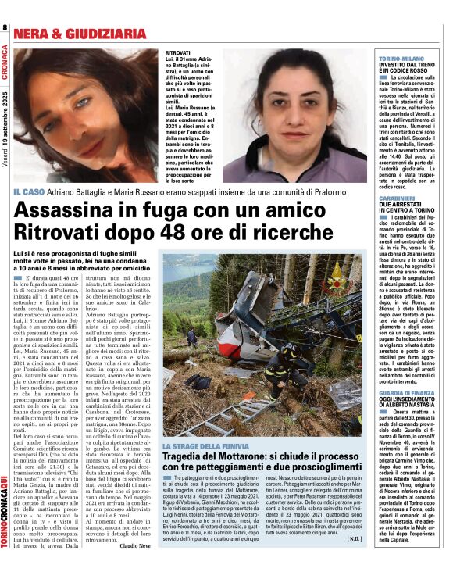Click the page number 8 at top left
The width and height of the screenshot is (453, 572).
pyautogui.click(x=5, y=28)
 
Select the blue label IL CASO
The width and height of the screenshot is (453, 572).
pyautogui.click(x=30, y=191)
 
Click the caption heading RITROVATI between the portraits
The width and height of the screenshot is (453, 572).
pyautogui.click(x=178, y=52)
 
